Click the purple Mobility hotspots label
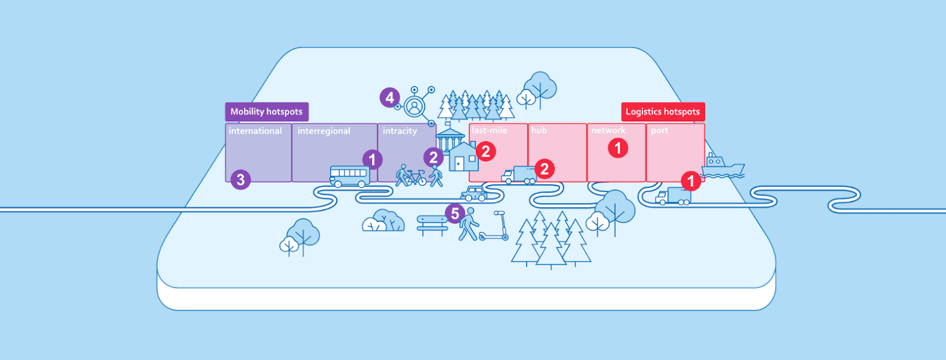(x=266, y=112)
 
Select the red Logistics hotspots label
(x=662, y=112)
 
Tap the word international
(x=255, y=131)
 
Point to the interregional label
(x=324, y=131)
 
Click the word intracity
(x=400, y=131)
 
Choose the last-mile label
(x=490, y=131)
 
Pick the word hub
(x=539, y=131)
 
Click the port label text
(x=659, y=131)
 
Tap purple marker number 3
(x=241, y=180)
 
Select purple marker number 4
(x=390, y=98)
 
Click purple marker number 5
(x=455, y=213)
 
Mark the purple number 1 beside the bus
(x=372, y=160)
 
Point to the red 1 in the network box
(x=618, y=148)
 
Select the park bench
(x=432, y=223)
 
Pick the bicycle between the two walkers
(x=416, y=177)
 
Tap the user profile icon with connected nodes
(x=415, y=106)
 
